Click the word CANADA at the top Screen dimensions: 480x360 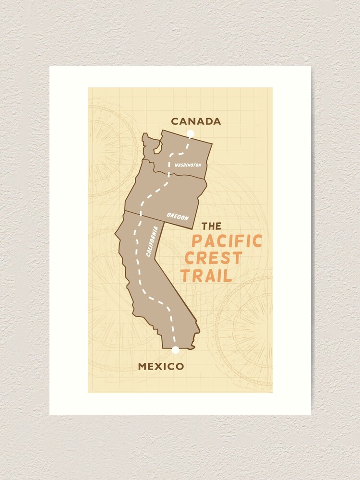pos(196,121)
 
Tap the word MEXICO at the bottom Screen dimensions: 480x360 pos(161,367)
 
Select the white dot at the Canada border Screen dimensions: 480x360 pos(190,133)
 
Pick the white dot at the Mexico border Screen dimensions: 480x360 pos(175,350)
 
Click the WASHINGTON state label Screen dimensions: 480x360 pos(188,165)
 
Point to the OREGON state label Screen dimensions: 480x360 pos(178,216)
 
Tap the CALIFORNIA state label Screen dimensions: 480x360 pos(152,241)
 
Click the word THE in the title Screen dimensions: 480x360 pos(211,226)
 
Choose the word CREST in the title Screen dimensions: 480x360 pos(214,258)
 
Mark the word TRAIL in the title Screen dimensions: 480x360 pos(206,275)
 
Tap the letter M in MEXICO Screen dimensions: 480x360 pos(143,367)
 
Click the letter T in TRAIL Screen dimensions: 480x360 pos(185,276)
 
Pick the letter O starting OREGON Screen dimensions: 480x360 pos(169,215)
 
